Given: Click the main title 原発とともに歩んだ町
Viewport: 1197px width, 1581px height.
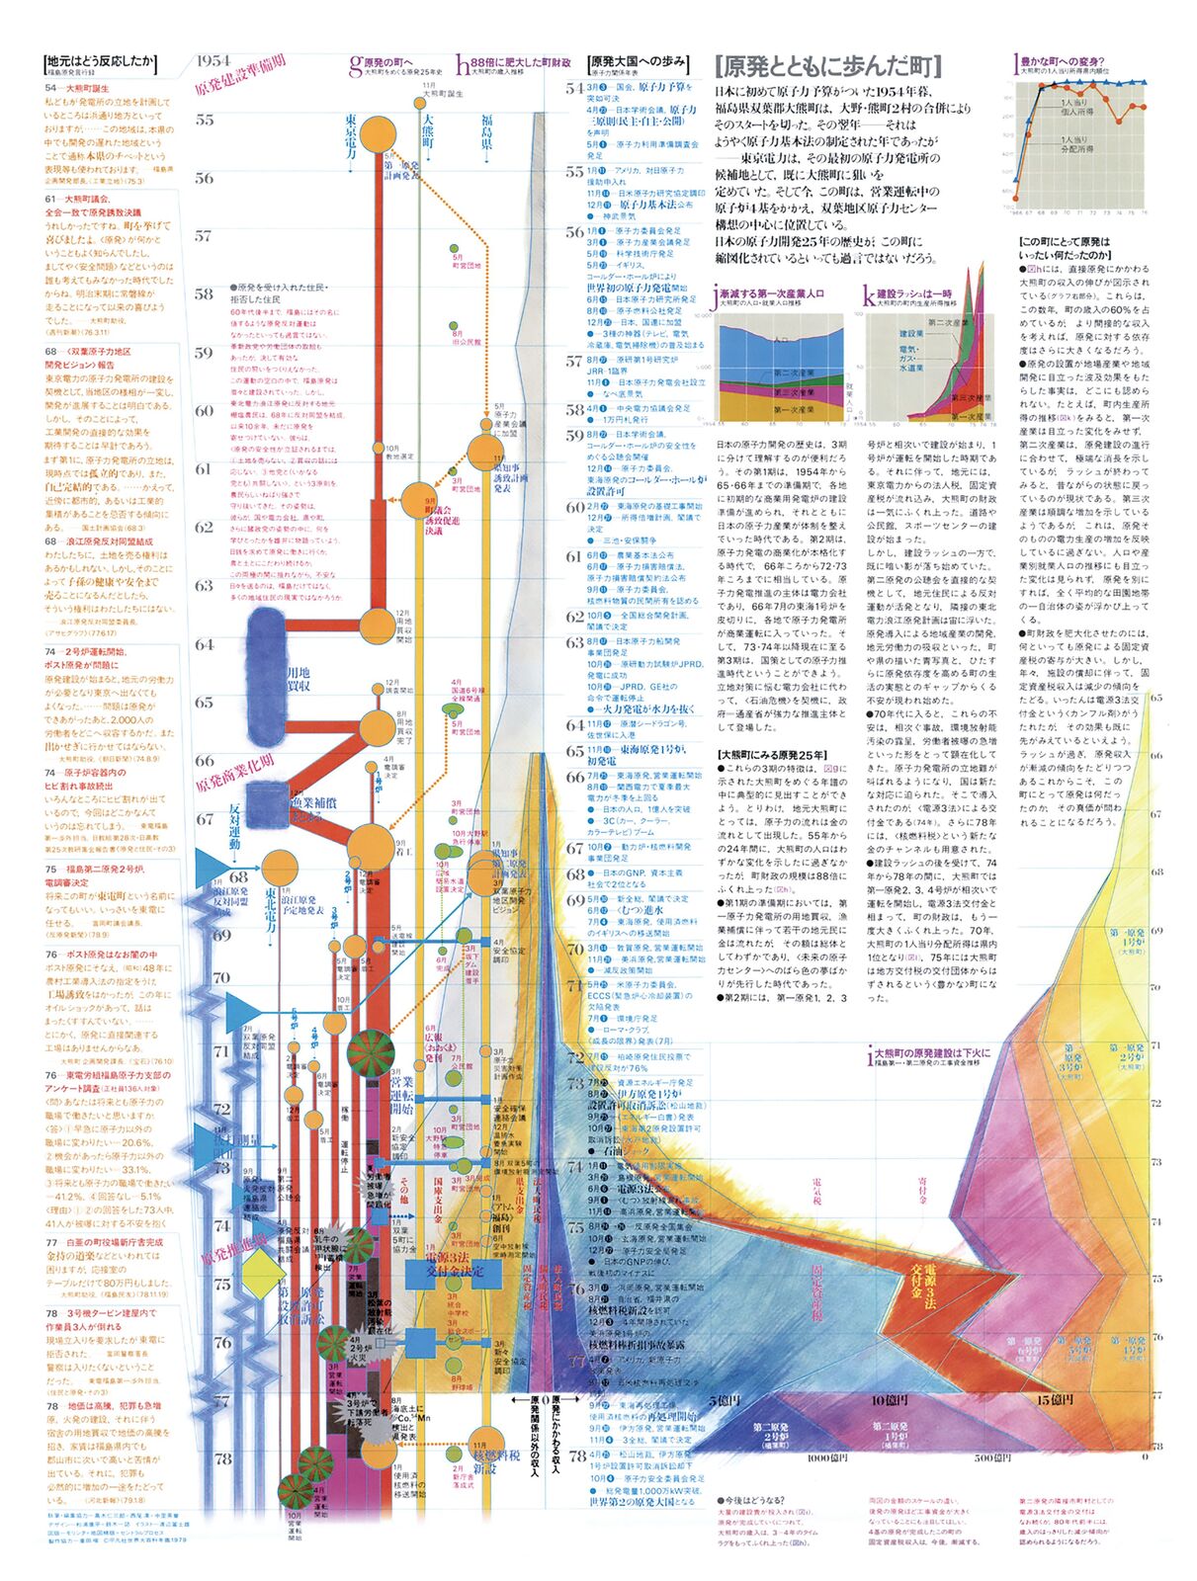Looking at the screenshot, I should (x=827, y=67).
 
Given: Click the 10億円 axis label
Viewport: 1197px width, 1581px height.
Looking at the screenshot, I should (x=891, y=1400).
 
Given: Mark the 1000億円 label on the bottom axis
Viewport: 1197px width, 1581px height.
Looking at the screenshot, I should (x=828, y=1457).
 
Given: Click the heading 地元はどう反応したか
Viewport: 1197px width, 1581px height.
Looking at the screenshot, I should (x=102, y=61).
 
